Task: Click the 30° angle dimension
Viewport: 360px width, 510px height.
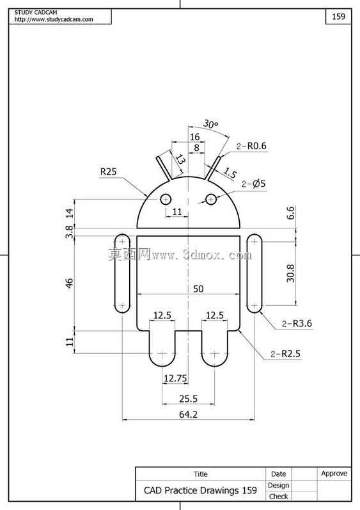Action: coord(210,124)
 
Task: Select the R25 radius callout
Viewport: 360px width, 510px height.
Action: coord(108,171)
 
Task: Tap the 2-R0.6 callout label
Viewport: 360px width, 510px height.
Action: coord(251,146)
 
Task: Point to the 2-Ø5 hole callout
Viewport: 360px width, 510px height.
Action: coord(253,184)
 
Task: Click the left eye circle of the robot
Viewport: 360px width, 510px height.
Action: coord(166,199)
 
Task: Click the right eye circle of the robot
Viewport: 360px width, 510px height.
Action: coord(211,199)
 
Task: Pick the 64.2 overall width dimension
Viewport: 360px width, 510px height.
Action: coord(188,415)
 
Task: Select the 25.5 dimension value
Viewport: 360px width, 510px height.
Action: coord(188,399)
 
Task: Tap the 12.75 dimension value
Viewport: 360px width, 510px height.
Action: coord(175,378)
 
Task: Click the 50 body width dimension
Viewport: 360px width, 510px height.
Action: coord(198,289)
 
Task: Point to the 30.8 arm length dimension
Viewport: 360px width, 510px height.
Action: coord(290,273)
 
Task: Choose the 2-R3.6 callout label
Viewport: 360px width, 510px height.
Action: coord(297,324)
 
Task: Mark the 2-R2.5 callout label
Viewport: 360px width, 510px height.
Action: coord(286,354)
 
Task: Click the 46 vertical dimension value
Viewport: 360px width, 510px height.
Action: coord(70,283)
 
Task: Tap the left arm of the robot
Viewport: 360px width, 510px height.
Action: coord(123,273)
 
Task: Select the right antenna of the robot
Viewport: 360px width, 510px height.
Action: coord(213,168)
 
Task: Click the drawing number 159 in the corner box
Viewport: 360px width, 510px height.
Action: coord(338,16)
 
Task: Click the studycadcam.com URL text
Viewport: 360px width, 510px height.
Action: coord(54,19)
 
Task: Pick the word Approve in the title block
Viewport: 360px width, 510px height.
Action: coord(334,474)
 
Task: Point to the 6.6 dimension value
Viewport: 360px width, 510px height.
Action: coord(290,212)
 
